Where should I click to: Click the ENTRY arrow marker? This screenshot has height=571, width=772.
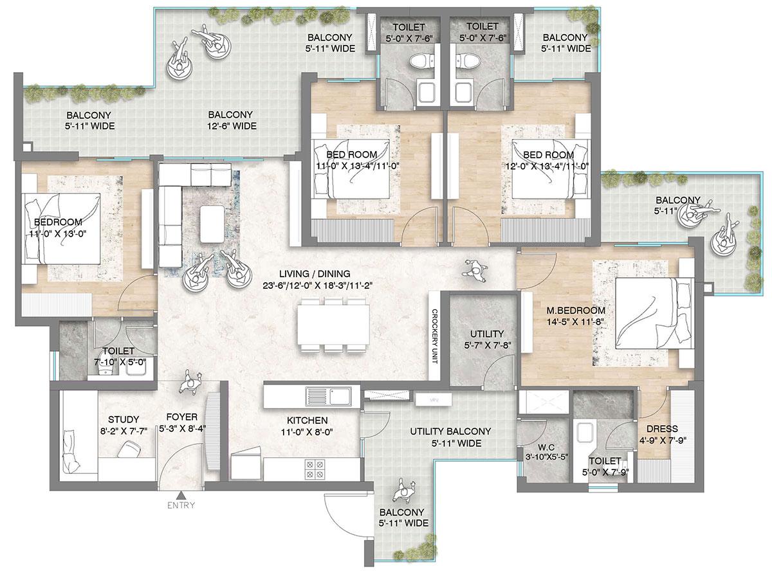point(182,494)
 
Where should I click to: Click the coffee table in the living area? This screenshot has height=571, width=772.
point(213,224)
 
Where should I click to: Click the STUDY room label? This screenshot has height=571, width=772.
point(124,419)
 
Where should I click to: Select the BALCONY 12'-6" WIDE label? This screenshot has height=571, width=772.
point(232,120)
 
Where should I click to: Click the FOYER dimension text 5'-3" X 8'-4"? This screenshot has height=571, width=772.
point(182,428)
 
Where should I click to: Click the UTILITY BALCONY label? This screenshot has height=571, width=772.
point(450,431)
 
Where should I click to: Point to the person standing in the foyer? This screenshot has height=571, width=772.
point(190,383)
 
